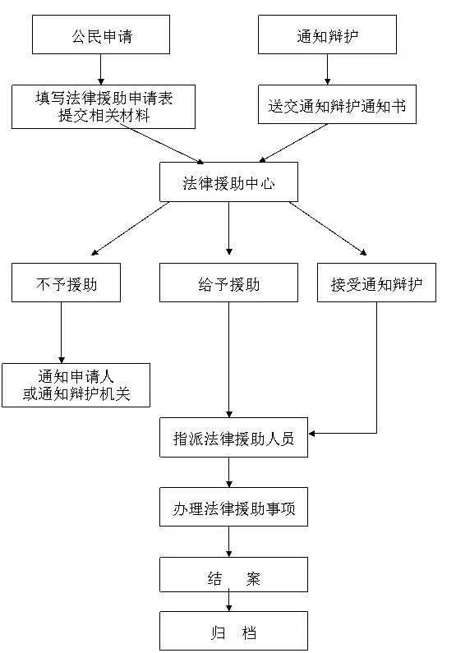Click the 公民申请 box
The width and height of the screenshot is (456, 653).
[101, 34]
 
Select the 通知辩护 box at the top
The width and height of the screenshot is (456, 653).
[327, 34]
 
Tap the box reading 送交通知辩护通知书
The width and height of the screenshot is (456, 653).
[337, 104]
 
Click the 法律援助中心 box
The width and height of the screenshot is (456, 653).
[228, 182]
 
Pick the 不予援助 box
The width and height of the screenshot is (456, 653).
[66, 283]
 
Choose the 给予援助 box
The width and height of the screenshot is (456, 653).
[228, 283]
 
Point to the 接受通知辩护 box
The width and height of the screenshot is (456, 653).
[376, 283]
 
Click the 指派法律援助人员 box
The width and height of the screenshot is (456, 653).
[233, 437]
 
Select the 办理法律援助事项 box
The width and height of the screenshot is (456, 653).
[233, 507]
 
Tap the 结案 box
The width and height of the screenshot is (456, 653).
[233, 575]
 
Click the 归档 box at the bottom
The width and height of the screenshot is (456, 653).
[233, 631]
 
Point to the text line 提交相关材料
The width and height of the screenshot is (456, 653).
[104, 115]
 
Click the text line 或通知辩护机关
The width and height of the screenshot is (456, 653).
[76, 393]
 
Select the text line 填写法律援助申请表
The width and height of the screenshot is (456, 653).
[104, 99]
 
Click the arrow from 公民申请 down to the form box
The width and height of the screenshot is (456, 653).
[101, 70]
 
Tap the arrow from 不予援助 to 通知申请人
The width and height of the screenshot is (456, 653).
[62, 333]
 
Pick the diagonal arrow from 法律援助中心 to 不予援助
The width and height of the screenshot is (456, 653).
[130, 228]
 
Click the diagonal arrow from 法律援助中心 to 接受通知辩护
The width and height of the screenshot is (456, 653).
[328, 228]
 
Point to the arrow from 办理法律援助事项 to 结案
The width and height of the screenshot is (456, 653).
[228, 542]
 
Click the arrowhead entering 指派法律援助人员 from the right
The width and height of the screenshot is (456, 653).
[312, 434]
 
